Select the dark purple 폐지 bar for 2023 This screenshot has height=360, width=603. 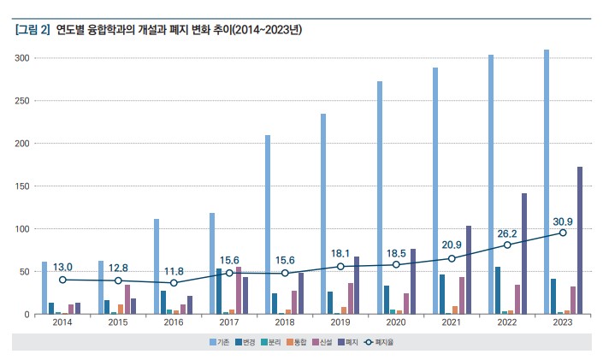click(x=580, y=240)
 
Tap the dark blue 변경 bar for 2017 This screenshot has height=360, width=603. click(x=219, y=292)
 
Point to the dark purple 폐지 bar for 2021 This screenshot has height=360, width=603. click(x=469, y=270)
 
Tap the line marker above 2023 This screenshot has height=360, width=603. click(x=563, y=233)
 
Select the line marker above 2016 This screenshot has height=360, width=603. click(x=174, y=283)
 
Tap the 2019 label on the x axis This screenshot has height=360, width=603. click(x=340, y=323)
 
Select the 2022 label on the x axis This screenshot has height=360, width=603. click(x=507, y=323)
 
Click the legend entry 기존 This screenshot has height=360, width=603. click(x=220, y=341)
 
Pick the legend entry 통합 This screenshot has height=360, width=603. click(x=299, y=341)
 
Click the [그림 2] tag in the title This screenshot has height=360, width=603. click(x=32, y=30)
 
